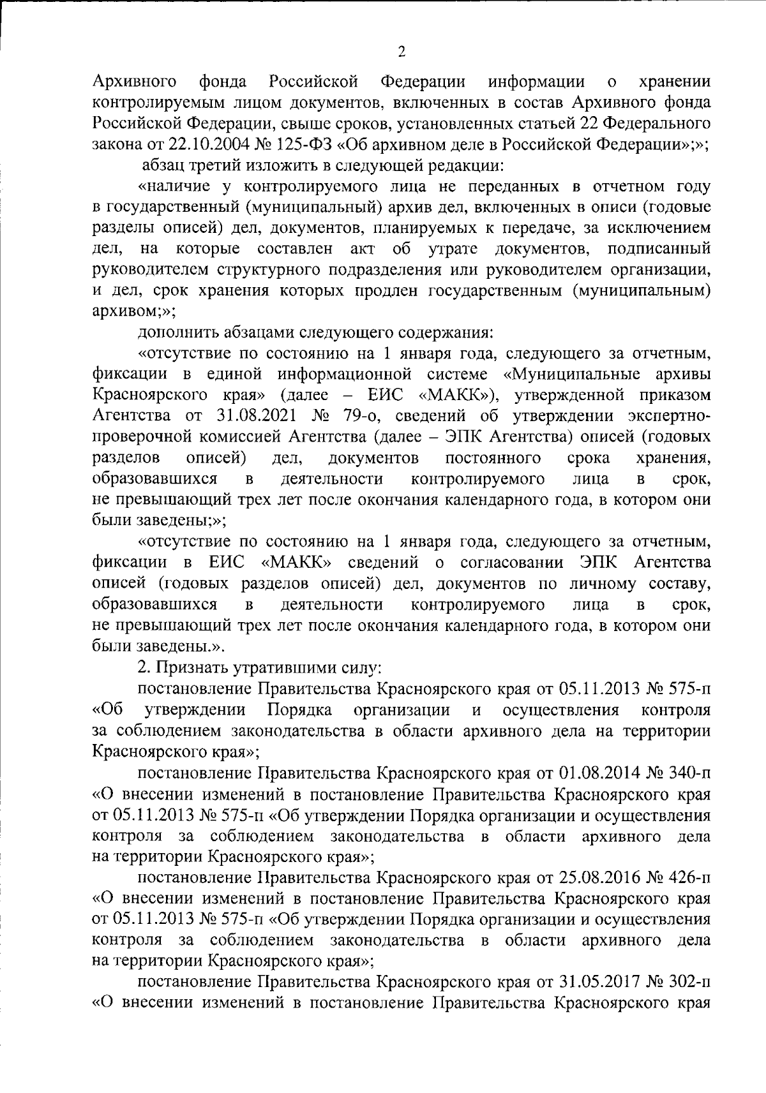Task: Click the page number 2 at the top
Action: coord(402,53)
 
